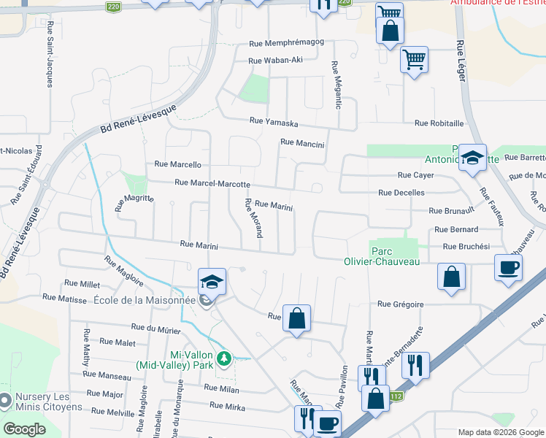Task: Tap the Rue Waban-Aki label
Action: click(x=275, y=61)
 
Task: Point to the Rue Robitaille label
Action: click(x=439, y=123)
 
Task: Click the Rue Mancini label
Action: click(x=301, y=144)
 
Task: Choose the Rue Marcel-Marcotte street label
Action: click(x=212, y=184)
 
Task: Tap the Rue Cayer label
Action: click(x=415, y=175)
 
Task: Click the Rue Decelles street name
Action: click(x=401, y=193)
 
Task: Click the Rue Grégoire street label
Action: click(x=401, y=304)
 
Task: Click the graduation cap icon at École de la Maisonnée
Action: click(x=212, y=282)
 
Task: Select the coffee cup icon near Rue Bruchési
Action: click(x=508, y=267)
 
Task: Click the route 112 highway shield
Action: click(x=396, y=396)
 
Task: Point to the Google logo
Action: click(x=24, y=429)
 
